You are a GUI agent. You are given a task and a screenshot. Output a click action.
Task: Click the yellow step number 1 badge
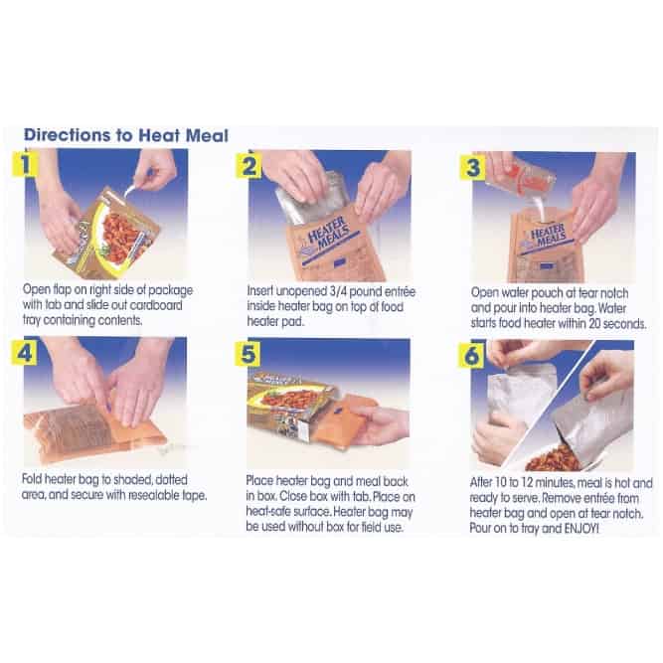point(25,164)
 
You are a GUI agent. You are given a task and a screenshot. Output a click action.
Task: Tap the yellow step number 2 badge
point(249,165)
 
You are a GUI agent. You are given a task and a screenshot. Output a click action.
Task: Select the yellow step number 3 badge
point(472,167)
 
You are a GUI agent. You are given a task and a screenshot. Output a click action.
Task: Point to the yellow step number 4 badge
point(24,352)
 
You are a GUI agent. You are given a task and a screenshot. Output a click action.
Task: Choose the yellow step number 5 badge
point(248,354)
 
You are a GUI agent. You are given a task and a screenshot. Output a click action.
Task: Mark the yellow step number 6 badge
point(471,355)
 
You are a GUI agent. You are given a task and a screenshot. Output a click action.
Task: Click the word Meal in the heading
point(207,136)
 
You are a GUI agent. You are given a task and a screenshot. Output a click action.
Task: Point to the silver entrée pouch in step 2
point(308,198)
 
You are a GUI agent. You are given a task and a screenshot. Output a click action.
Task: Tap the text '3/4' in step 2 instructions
point(338,291)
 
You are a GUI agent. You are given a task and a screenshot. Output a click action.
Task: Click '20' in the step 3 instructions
point(595,323)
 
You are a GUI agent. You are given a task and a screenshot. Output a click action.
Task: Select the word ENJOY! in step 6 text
point(581,529)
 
